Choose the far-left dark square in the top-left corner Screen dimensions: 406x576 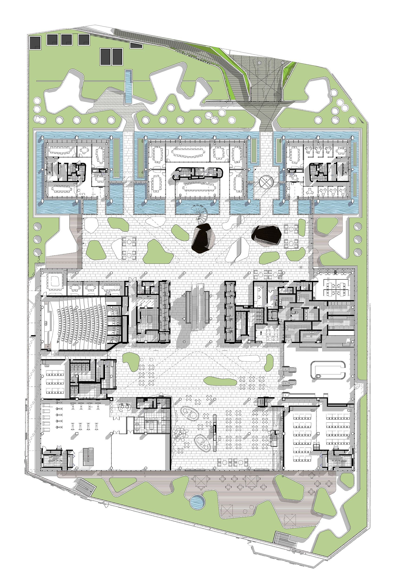pyautogui.click(x=35, y=43)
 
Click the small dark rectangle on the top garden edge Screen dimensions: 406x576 pyautogui.click(x=136, y=46)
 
